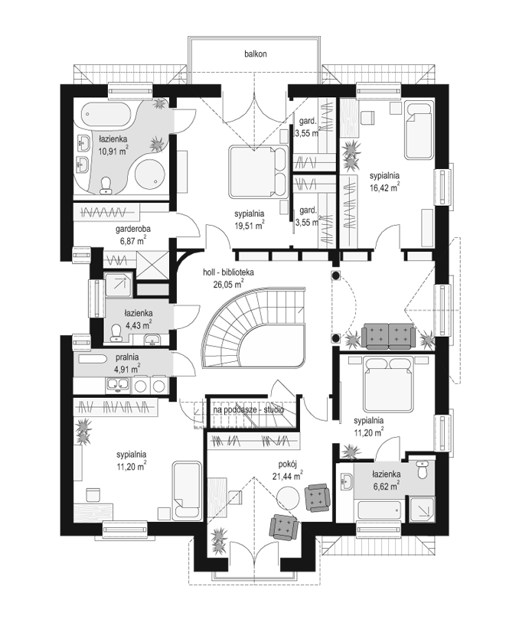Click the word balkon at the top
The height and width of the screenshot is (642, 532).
click(x=256, y=54)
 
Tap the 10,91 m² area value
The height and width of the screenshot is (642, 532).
click(x=113, y=150)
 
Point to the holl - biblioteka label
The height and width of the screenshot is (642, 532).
click(x=229, y=272)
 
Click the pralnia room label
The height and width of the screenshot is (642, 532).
click(x=126, y=357)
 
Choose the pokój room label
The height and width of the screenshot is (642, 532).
click(x=287, y=464)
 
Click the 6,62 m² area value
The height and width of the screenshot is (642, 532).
click(x=386, y=486)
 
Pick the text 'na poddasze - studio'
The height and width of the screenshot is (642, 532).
click(x=248, y=410)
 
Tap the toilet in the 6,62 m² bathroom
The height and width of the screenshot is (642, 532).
click(x=422, y=470)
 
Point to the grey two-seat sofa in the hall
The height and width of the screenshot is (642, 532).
click(x=388, y=336)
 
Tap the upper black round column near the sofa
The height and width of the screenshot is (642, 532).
click(x=336, y=276)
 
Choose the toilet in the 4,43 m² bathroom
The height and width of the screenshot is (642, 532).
click(x=116, y=332)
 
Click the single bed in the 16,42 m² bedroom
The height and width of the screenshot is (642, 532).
click(x=418, y=130)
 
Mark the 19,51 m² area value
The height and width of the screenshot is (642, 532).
click(x=249, y=225)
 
